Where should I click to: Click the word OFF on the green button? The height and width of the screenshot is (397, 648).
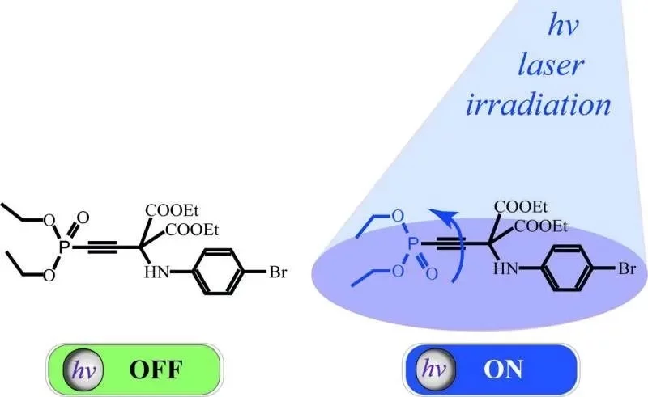tap(156, 370)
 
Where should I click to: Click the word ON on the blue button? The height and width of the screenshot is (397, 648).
tap(503, 370)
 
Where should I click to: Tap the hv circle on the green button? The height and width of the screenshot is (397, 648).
tap(83, 370)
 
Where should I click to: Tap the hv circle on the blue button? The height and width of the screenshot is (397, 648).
tap(435, 369)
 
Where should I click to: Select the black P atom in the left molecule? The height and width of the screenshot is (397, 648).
tap(63, 247)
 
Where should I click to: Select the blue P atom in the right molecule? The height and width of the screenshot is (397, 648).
tap(412, 244)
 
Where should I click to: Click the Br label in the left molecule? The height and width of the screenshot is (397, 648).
tap(278, 272)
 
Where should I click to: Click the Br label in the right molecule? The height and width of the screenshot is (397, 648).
tap(626, 269)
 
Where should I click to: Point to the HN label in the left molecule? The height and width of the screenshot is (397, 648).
tap(157, 272)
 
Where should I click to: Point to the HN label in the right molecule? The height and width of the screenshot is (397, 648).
tap(505, 269)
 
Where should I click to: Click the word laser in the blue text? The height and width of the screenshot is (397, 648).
tap(551, 65)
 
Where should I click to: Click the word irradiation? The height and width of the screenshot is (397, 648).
tap(538, 104)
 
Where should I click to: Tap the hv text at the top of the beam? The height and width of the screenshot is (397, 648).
tap(562, 26)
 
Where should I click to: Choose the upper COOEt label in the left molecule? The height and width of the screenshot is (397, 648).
tap(172, 211)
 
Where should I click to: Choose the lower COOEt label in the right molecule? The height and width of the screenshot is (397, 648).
tap(540, 226)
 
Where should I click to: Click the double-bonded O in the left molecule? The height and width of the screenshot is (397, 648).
tap(83, 217)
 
